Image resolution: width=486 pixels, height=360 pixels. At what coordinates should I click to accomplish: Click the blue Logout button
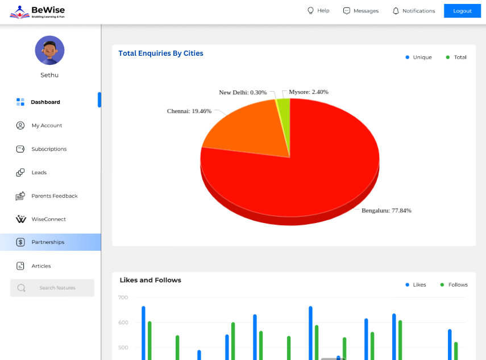(x=462, y=11)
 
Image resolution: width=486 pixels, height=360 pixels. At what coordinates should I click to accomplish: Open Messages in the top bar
(x=361, y=11)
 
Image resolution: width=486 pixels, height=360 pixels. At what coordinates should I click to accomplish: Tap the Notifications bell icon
(x=396, y=11)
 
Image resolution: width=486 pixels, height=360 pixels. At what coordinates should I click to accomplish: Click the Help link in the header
(x=318, y=11)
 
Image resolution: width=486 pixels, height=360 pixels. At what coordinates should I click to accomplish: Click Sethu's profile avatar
(x=49, y=50)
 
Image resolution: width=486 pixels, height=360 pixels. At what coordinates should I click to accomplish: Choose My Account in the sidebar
(x=47, y=126)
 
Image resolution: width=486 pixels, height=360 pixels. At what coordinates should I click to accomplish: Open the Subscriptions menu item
(x=49, y=149)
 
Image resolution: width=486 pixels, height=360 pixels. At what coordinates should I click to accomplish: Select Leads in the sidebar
(x=39, y=172)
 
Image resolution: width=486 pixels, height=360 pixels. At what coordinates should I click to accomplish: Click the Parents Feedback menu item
(x=54, y=196)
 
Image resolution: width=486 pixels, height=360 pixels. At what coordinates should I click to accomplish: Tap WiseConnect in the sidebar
(x=48, y=219)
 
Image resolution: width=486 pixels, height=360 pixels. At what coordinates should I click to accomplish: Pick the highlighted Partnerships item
(x=48, y=242)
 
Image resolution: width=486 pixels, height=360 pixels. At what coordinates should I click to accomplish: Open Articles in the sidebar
(x=41, y=266)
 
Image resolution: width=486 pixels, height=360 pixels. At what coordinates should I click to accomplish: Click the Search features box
(x=52, y=288)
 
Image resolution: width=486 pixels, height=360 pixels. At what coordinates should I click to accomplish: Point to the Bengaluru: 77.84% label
(x=387, y=210)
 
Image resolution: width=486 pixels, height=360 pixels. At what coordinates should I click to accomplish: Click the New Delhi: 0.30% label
(x=243, y=92)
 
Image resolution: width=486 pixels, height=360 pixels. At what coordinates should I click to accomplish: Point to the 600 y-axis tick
(x=123, y=322)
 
